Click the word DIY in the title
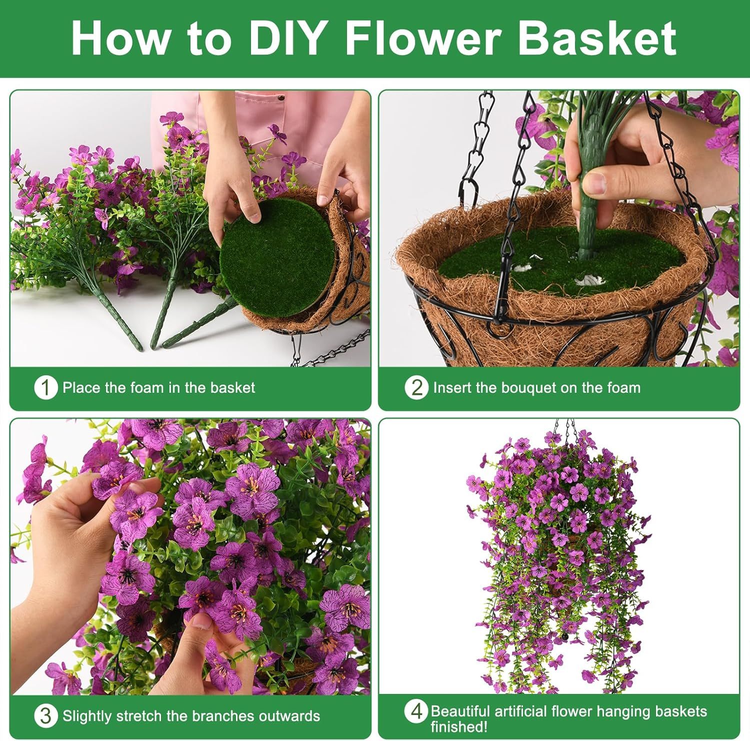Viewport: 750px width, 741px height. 285,39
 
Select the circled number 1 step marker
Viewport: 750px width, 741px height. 45,388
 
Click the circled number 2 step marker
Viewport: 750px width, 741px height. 416,388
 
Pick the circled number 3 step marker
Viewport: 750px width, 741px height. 45,716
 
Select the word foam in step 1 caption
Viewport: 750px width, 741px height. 146,388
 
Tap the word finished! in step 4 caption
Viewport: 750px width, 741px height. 458,726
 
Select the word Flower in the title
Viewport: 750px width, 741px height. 423,39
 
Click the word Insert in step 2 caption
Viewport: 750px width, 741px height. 448,388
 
